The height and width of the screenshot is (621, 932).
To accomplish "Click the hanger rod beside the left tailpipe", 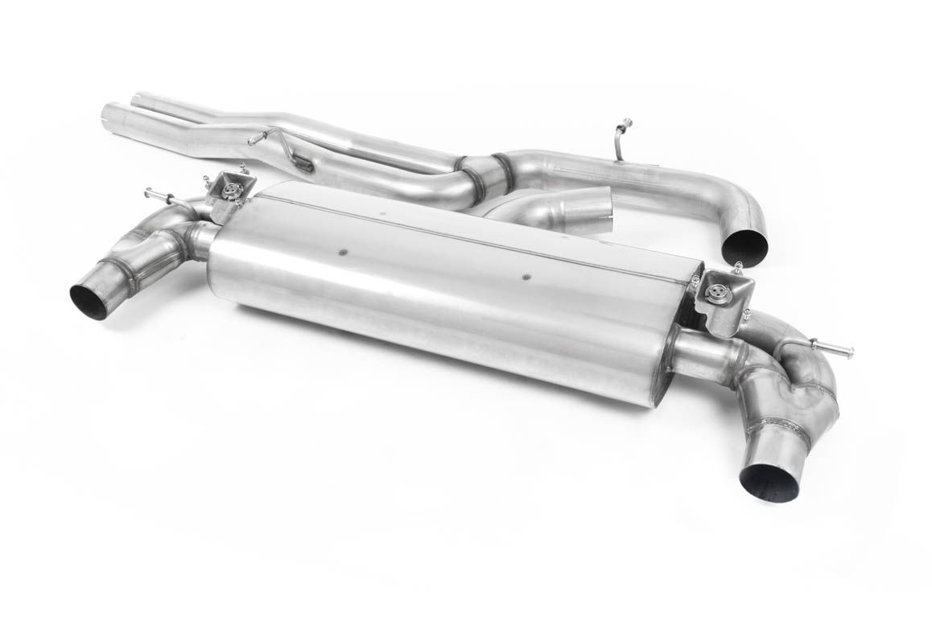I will (159, 195).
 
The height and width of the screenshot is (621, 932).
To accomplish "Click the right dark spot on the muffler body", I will (526, 277).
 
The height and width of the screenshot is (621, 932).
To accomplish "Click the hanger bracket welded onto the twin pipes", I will (301, 164).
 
